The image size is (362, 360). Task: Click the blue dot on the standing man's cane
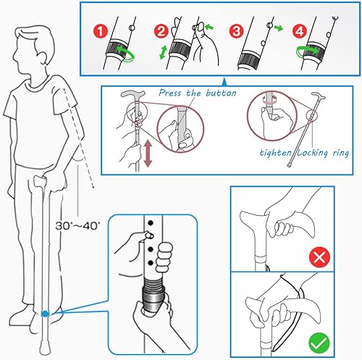point(46,314)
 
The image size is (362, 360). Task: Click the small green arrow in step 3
point(277,31)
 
